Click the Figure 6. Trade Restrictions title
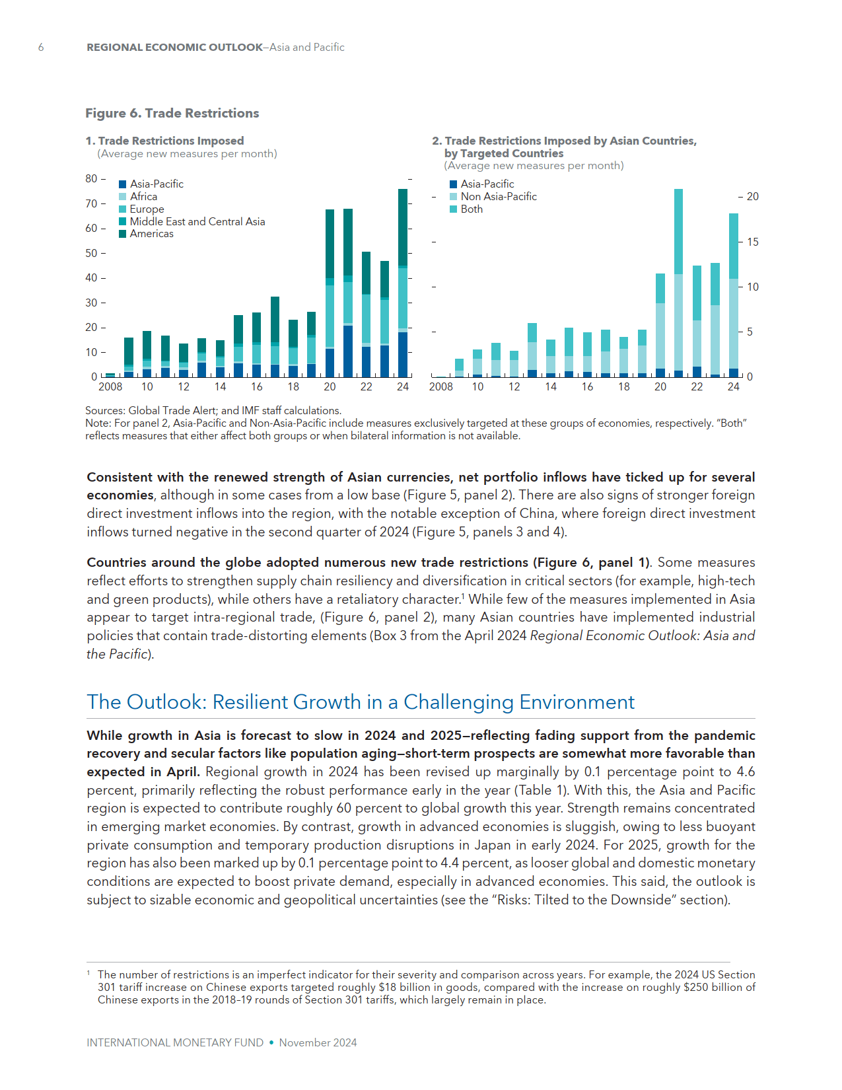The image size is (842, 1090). click(x=172, y=113)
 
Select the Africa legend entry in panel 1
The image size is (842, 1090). click(x=143, y=196)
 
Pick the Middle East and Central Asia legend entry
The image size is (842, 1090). click(x=197, y=221)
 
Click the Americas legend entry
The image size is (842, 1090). click(x=151, y=234)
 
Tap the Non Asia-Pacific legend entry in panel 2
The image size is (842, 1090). click(x=499, y=196)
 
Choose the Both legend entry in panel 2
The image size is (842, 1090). click(x=472, y=209)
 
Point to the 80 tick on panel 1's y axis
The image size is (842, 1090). click(x=91, y=178)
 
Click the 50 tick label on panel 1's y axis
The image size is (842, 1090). click(x=91, y=253)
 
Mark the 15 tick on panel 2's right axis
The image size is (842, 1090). click(x=752, y=242)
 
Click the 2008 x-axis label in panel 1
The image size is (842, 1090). click(x=110, y=387)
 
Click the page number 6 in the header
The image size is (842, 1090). click(x=41, y=47)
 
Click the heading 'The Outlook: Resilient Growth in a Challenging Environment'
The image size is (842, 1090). click(x=360, y=702)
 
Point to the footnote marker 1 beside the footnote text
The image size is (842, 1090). click(x=88, y=973)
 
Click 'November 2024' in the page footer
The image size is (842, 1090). click(x=318, y=1042)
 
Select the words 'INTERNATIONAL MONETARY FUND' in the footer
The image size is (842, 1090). click(x=175, y=1042)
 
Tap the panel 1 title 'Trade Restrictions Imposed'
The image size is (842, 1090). click(x=170, y=141)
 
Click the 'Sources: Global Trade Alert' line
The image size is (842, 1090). click(x=213, y=410)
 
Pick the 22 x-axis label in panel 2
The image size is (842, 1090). click(x=697, y=387)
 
